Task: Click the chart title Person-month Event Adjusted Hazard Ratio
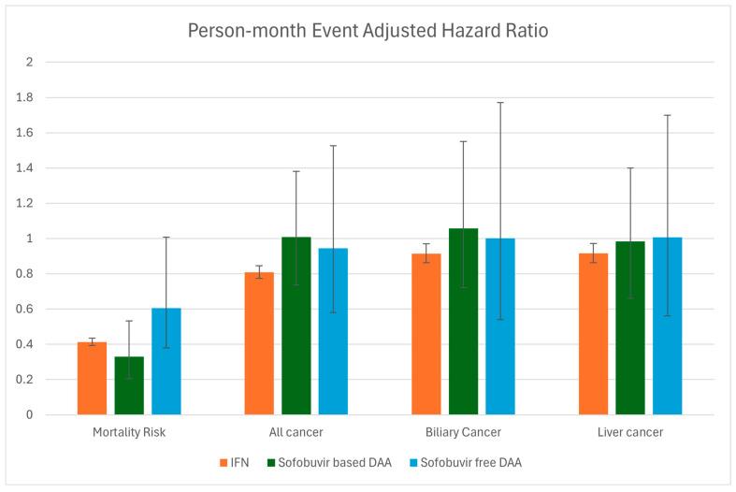click(x=368, y=29)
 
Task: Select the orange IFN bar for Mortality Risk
click(x=92, y=379)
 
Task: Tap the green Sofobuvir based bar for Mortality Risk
click(x=129, y=385)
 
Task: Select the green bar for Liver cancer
click(x=630, y=327)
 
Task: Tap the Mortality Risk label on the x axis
click(x=129, y=432)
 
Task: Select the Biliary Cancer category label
click(x=464, y=432)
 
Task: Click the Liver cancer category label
click(x=630, y=432)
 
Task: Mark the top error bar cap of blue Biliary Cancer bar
click(x=500, y=103)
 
